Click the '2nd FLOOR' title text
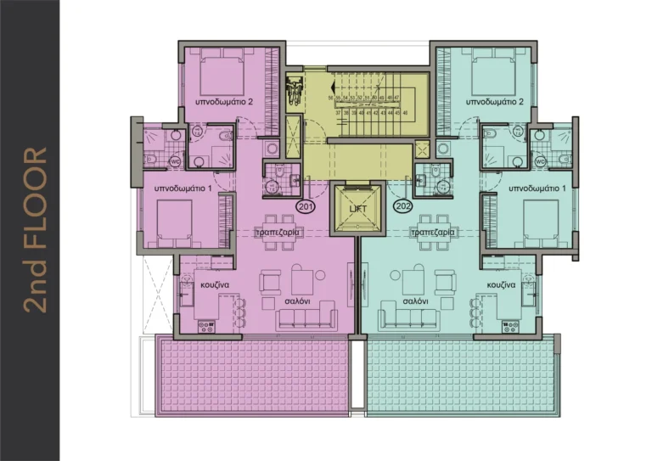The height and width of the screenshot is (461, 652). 35,230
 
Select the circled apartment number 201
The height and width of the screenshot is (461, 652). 304,205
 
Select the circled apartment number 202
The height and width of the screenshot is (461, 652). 402,205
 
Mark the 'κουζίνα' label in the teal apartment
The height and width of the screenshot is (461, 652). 502,286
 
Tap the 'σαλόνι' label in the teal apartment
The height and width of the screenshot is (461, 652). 414,301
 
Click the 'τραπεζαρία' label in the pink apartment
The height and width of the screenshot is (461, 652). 274,231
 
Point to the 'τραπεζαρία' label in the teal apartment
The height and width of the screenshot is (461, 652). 432,231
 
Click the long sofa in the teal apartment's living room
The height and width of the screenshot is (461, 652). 413,319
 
